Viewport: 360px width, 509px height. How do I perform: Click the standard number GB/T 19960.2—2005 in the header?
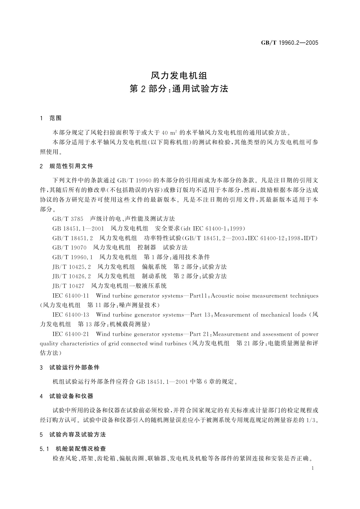tap(290, 43)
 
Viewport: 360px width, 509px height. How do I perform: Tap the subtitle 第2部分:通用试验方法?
tap(179, 89)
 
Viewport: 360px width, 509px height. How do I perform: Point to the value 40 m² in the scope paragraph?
tap(169, 133)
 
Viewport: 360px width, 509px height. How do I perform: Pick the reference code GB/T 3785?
tap(68, 219)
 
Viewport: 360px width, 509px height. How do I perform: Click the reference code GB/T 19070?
tap(70, 248)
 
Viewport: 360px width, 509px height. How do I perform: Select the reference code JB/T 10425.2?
tap(72, 267)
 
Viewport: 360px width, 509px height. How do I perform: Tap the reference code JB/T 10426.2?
tap(72, 276)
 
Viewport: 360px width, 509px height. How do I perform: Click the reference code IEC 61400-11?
tap(71, 296)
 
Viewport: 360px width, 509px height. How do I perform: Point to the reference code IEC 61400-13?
tap(71, 315)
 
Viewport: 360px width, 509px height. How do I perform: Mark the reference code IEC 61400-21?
tap(71, 334)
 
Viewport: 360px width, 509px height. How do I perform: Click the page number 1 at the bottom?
tap(313, 468)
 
